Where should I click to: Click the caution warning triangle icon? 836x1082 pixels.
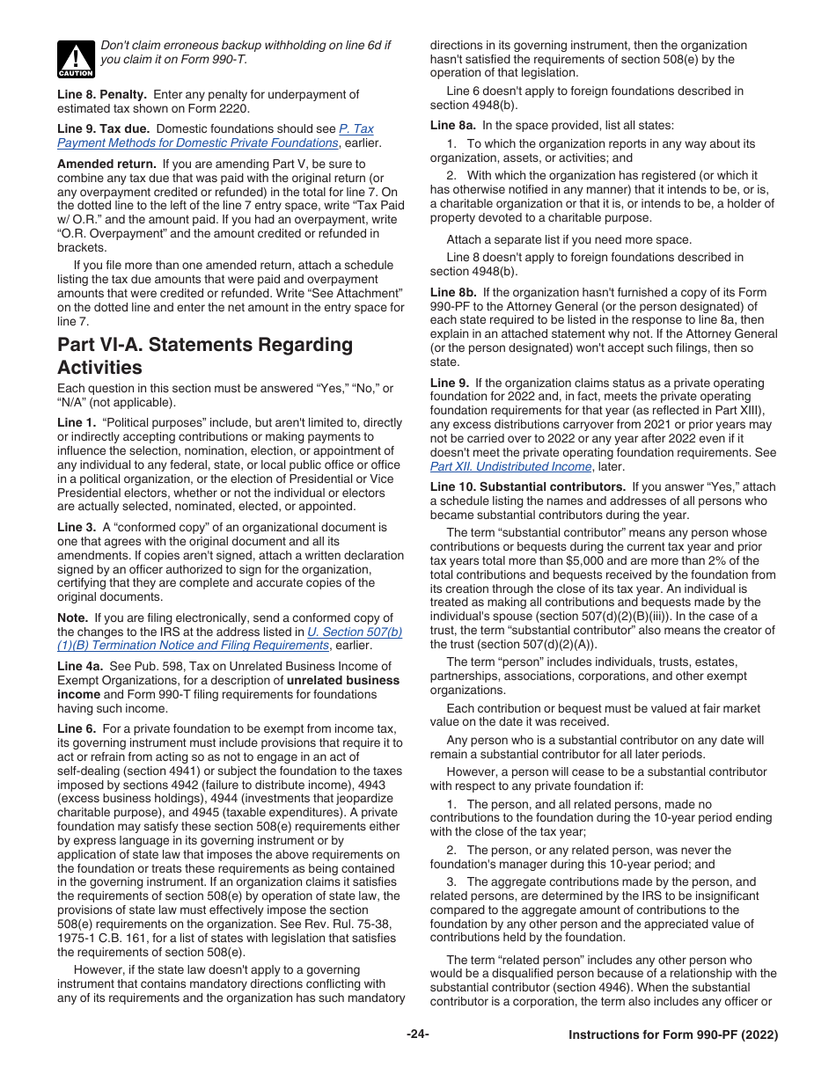pos(76,60)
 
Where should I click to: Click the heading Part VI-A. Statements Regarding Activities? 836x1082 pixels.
pos(204,355)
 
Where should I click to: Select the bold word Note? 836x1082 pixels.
pos(74,618)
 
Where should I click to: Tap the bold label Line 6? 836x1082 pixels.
pos(76,728)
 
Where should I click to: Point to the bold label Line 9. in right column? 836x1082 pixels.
pos(449,383)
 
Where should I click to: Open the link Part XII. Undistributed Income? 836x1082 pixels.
pos(511,467)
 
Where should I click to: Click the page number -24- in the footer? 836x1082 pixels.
pos(417,1034)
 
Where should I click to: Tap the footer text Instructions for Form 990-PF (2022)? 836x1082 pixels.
pos(673,1035)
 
